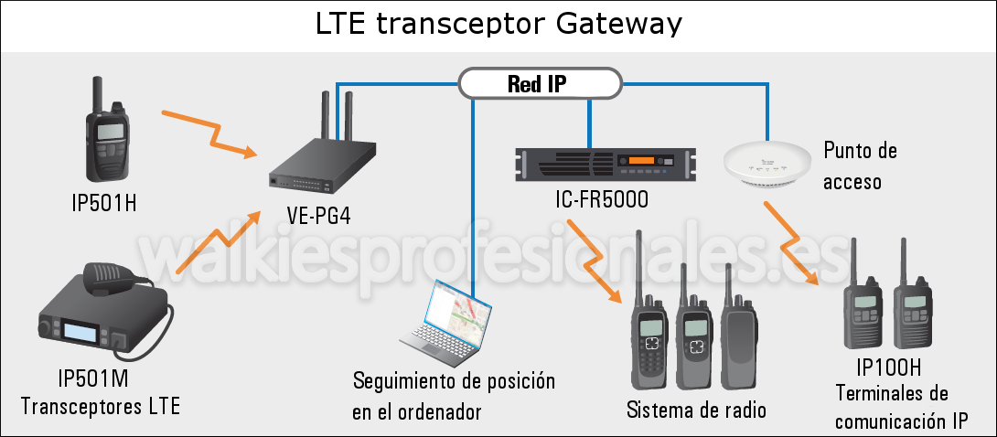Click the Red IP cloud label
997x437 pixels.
541,84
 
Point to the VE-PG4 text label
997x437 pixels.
317,218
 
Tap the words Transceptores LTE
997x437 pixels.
100,405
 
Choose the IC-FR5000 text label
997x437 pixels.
602,198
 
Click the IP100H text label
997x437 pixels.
888,368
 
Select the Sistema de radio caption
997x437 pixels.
696,410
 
